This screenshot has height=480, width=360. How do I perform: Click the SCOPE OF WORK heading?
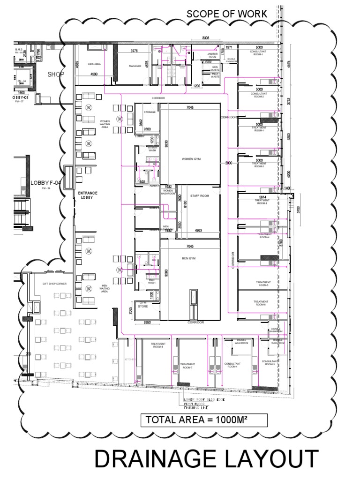coord(227,14)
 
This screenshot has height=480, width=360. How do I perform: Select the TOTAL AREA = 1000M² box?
coord(204,420)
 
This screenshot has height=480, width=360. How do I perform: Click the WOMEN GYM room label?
coord(190,158)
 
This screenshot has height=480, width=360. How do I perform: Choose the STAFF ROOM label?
coord(199,196)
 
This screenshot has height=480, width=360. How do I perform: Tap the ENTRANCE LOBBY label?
coord(88,195)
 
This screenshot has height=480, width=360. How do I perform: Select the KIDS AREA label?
coord(95,64)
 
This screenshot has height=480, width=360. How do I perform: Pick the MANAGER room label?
coord(135,66)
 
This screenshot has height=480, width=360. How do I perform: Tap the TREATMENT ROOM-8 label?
coord(157,345)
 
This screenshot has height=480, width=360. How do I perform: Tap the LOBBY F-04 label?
coord(46,183)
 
